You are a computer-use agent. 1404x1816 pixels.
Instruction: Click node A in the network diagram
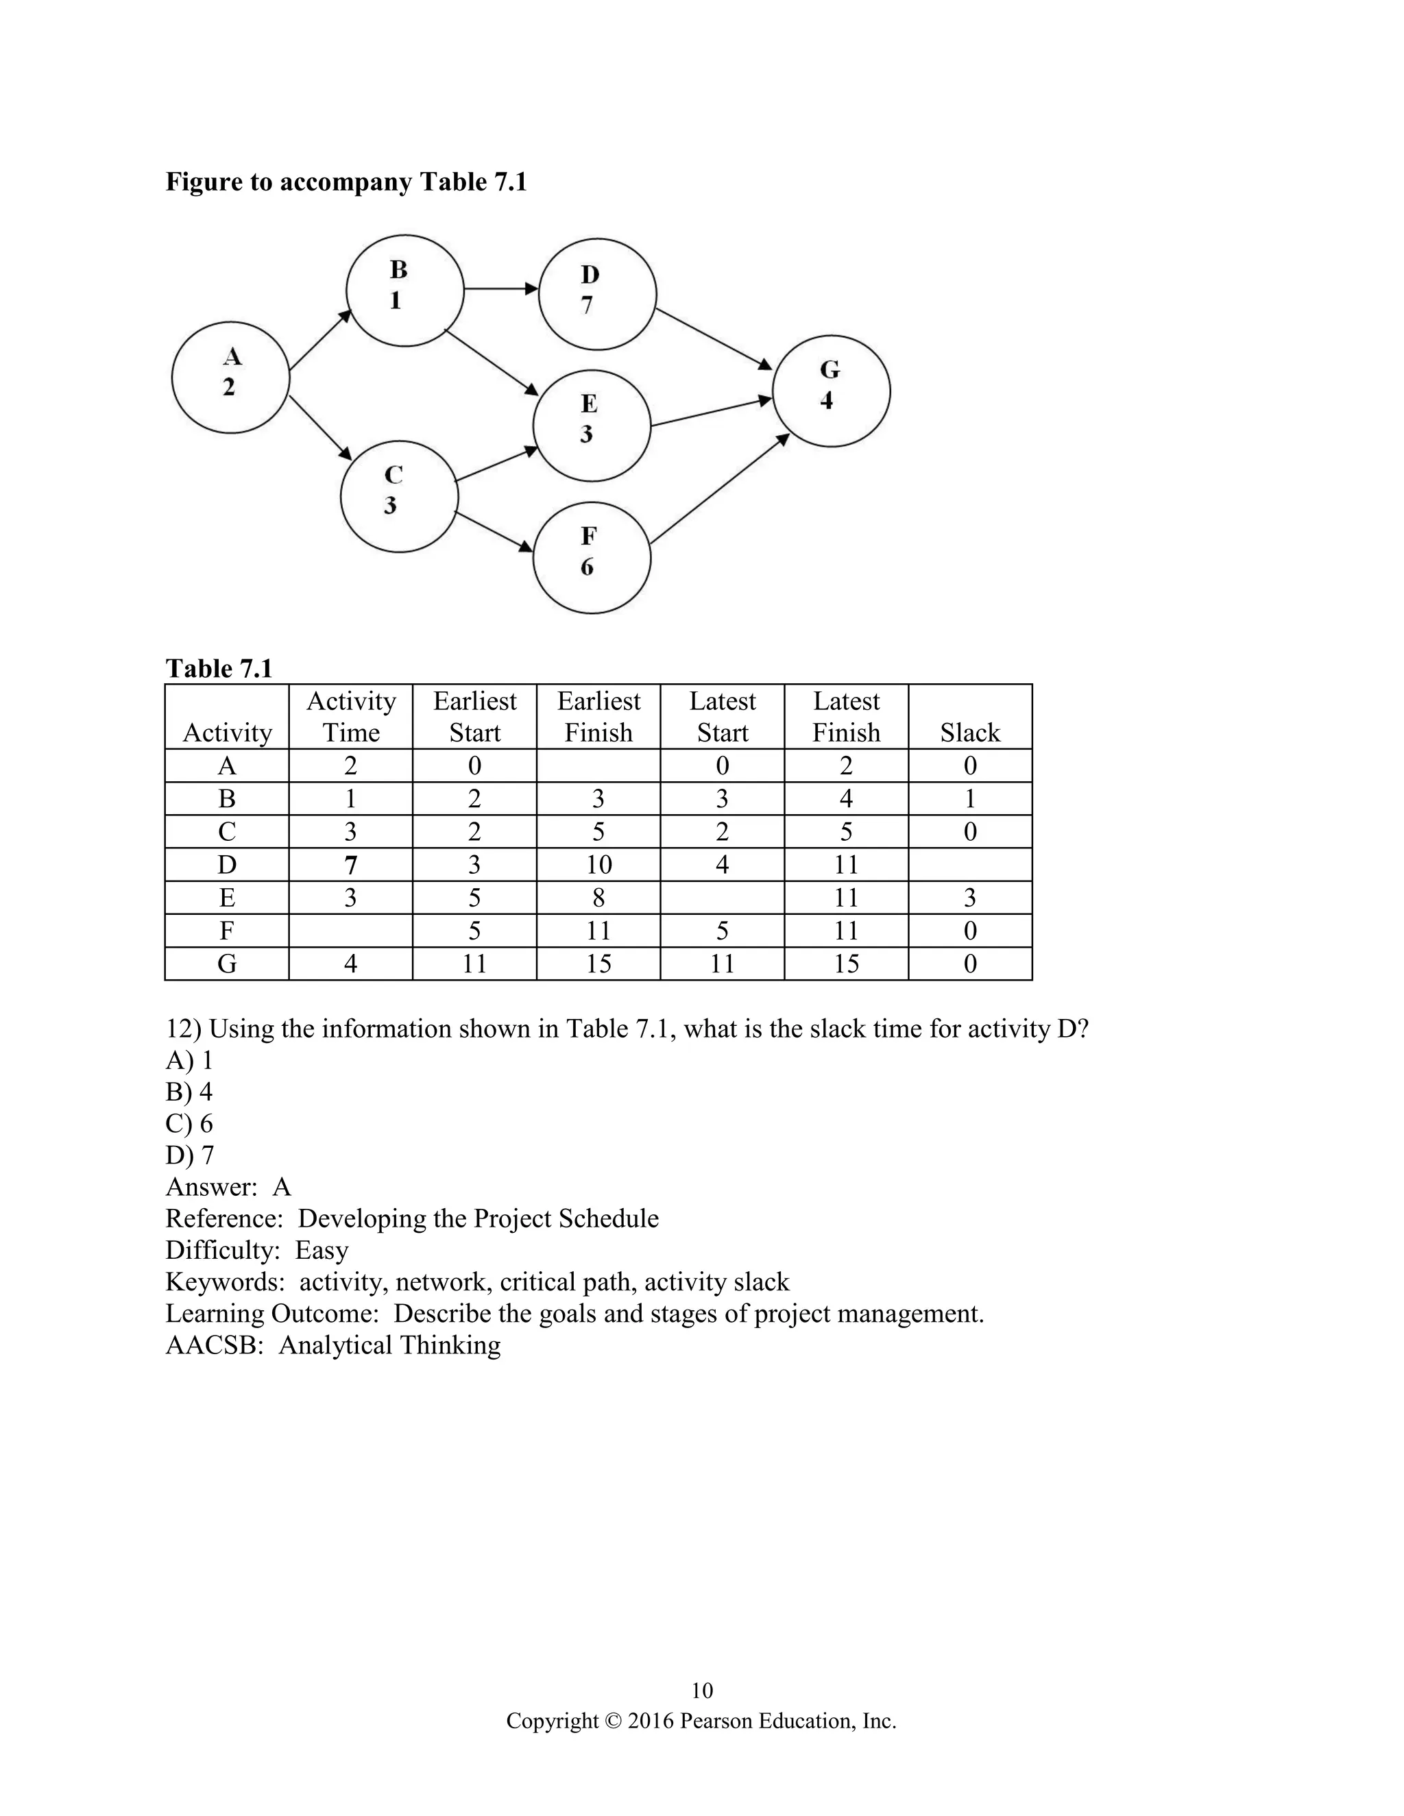tap(230, 378)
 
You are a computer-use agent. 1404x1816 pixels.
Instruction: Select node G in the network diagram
tap(831, 391)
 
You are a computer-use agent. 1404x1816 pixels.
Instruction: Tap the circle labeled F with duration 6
tap(592, 557)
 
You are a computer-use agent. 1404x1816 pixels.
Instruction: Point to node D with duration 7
tap(597, 295)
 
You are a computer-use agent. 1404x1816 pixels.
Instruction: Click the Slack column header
tap(970, 733)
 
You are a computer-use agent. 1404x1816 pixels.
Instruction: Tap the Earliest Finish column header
tap(598, 717)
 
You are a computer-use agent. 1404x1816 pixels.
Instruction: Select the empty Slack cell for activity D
tap(970, 865)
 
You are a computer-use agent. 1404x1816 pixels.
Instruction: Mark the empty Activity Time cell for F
tap(350, 931)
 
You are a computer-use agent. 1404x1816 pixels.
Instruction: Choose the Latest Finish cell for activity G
tap(846, 964)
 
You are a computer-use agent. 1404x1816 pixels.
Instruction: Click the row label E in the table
tap(226, 898)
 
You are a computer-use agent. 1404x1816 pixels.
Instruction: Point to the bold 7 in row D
tap(350, 866)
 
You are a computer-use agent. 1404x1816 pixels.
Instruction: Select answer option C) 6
tap(190, 1123)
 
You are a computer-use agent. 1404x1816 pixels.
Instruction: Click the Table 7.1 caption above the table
tap(219, 669)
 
